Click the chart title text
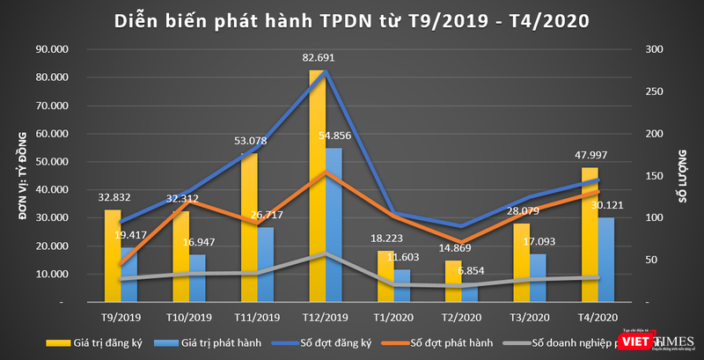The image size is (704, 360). [x=352, y=19]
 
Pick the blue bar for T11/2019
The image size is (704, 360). [x=266, y=265]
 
